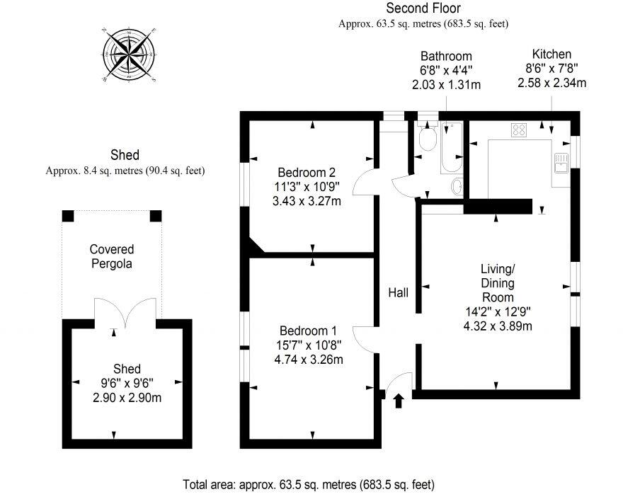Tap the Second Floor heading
(x=423, y=8)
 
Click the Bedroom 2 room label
(x=307, y=172)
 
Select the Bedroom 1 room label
(x=308, y=331)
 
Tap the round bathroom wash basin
(x=457, y=187)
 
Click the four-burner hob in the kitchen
(x=519, y=130)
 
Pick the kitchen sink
(x=562, y=162)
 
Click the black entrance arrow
(x=398, y=401)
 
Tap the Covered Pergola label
(x=112, y=256)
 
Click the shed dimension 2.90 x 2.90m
(x=127, y=397)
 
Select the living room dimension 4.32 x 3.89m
(x=497, y=326)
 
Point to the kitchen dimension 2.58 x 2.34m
(x=551, y=83)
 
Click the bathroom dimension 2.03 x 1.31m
(x=446, y=84)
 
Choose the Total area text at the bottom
(x=309, y=485)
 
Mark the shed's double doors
(x=125, y=311)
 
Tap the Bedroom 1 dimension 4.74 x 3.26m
(x=308, y=359)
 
